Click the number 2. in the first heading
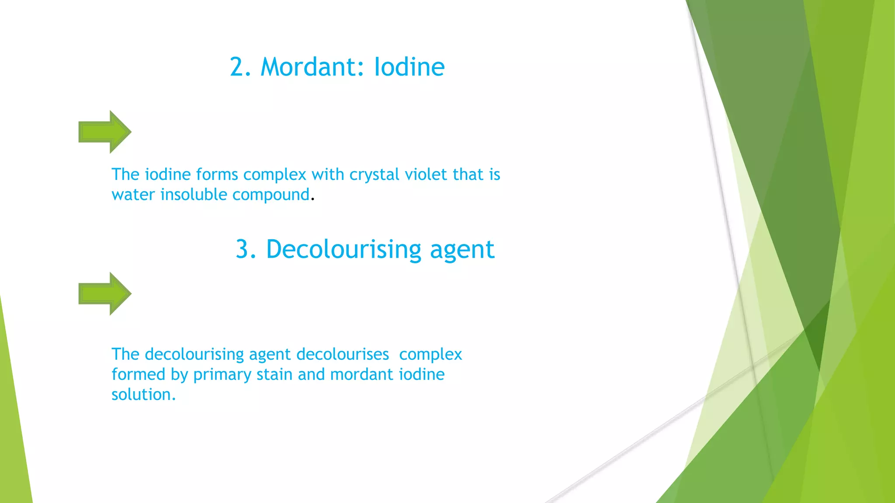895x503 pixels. pos(240,67)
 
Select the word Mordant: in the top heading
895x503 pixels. pos(312,67)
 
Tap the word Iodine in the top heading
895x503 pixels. pos(409,67)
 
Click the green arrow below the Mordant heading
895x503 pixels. pos(105,132)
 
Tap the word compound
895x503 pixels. pos(271,195)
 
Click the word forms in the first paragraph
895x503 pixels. pos(217,174)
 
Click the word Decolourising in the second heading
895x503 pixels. pos(343,250)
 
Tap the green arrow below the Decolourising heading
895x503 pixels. pos(105,294)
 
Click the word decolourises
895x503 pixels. pos(343,354)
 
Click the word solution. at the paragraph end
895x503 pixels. pos(143,395)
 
